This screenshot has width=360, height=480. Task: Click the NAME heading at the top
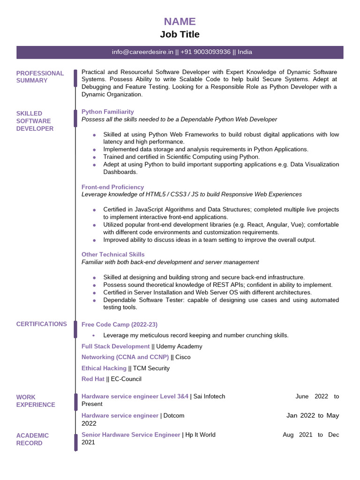[180, 22]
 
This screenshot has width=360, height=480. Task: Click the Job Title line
[180, 34]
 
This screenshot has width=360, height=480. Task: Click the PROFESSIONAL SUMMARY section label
[40, 77]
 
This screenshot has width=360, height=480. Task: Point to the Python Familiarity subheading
[107, 112]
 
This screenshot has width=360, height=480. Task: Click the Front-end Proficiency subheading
[112, 187]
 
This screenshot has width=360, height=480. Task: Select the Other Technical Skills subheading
[113, 255]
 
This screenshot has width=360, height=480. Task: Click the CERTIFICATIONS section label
[41, 324]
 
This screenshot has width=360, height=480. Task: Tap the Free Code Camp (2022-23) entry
[120, 324]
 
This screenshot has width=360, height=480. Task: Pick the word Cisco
[183, 357]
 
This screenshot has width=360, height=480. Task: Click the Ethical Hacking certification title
[104, 368]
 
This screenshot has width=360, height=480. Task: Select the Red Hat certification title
[93, 379]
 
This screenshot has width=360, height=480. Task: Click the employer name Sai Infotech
[209, 397]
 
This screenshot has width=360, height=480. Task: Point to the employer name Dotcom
[173, 416]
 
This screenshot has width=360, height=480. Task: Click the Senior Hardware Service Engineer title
[131, 435]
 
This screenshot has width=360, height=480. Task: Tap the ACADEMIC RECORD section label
[32, 439]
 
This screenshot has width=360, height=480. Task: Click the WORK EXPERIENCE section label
[36, 401]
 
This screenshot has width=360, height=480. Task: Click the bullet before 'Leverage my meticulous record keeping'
[94, 336]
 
